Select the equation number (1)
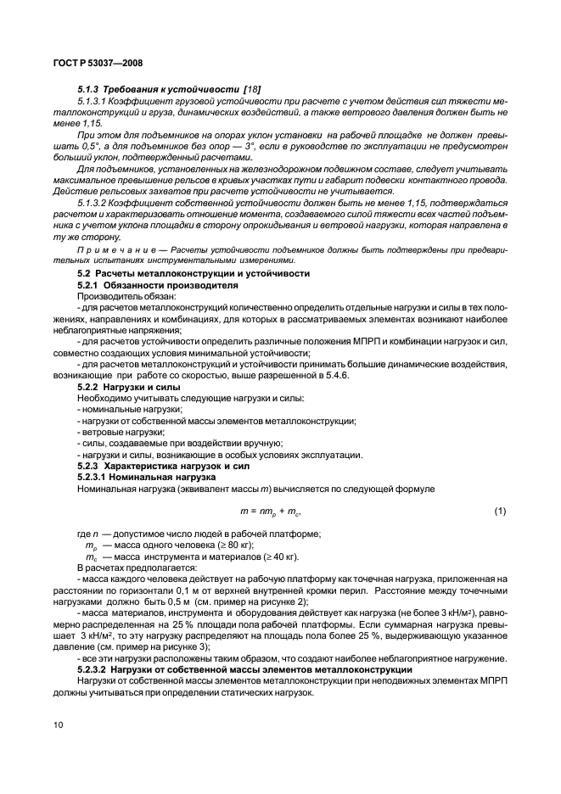pos(501,512)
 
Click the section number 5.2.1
pos(91,286)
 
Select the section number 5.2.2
pos(91,385)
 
